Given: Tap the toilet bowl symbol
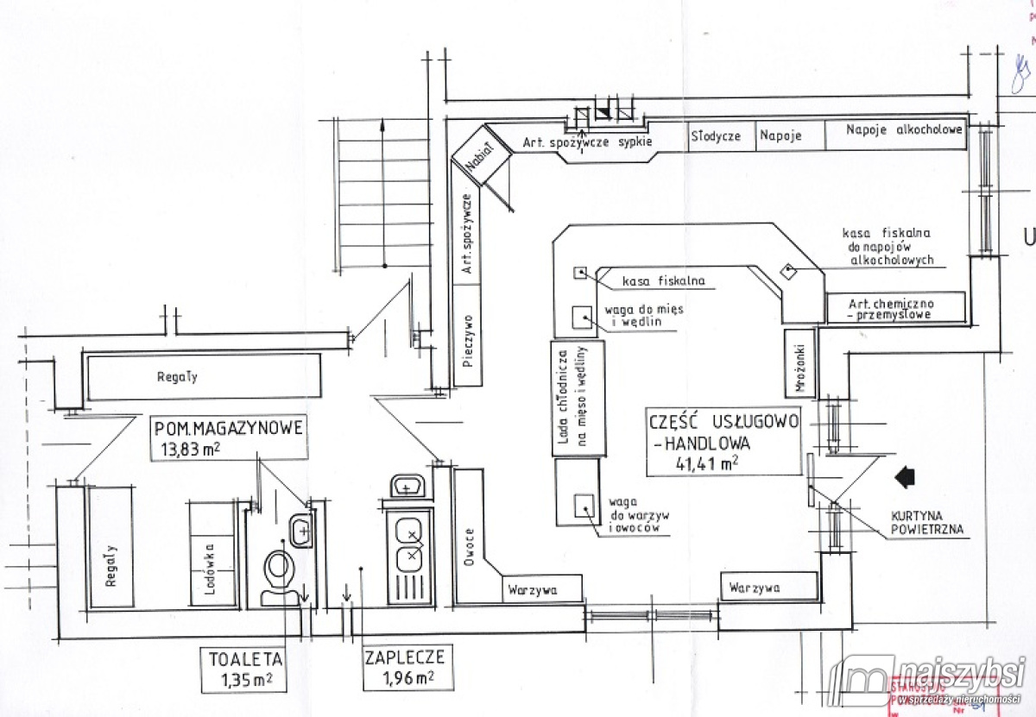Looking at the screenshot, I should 278,570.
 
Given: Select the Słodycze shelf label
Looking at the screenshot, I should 715,136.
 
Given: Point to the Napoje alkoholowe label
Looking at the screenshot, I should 904,131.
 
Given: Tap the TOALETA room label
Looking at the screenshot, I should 245,658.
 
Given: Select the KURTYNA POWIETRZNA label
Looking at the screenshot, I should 926,524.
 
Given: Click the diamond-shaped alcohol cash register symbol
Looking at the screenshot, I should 788,271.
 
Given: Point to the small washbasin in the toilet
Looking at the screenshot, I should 300,530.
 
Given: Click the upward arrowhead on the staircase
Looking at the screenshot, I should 381,126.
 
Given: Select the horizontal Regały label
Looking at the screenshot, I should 177,377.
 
